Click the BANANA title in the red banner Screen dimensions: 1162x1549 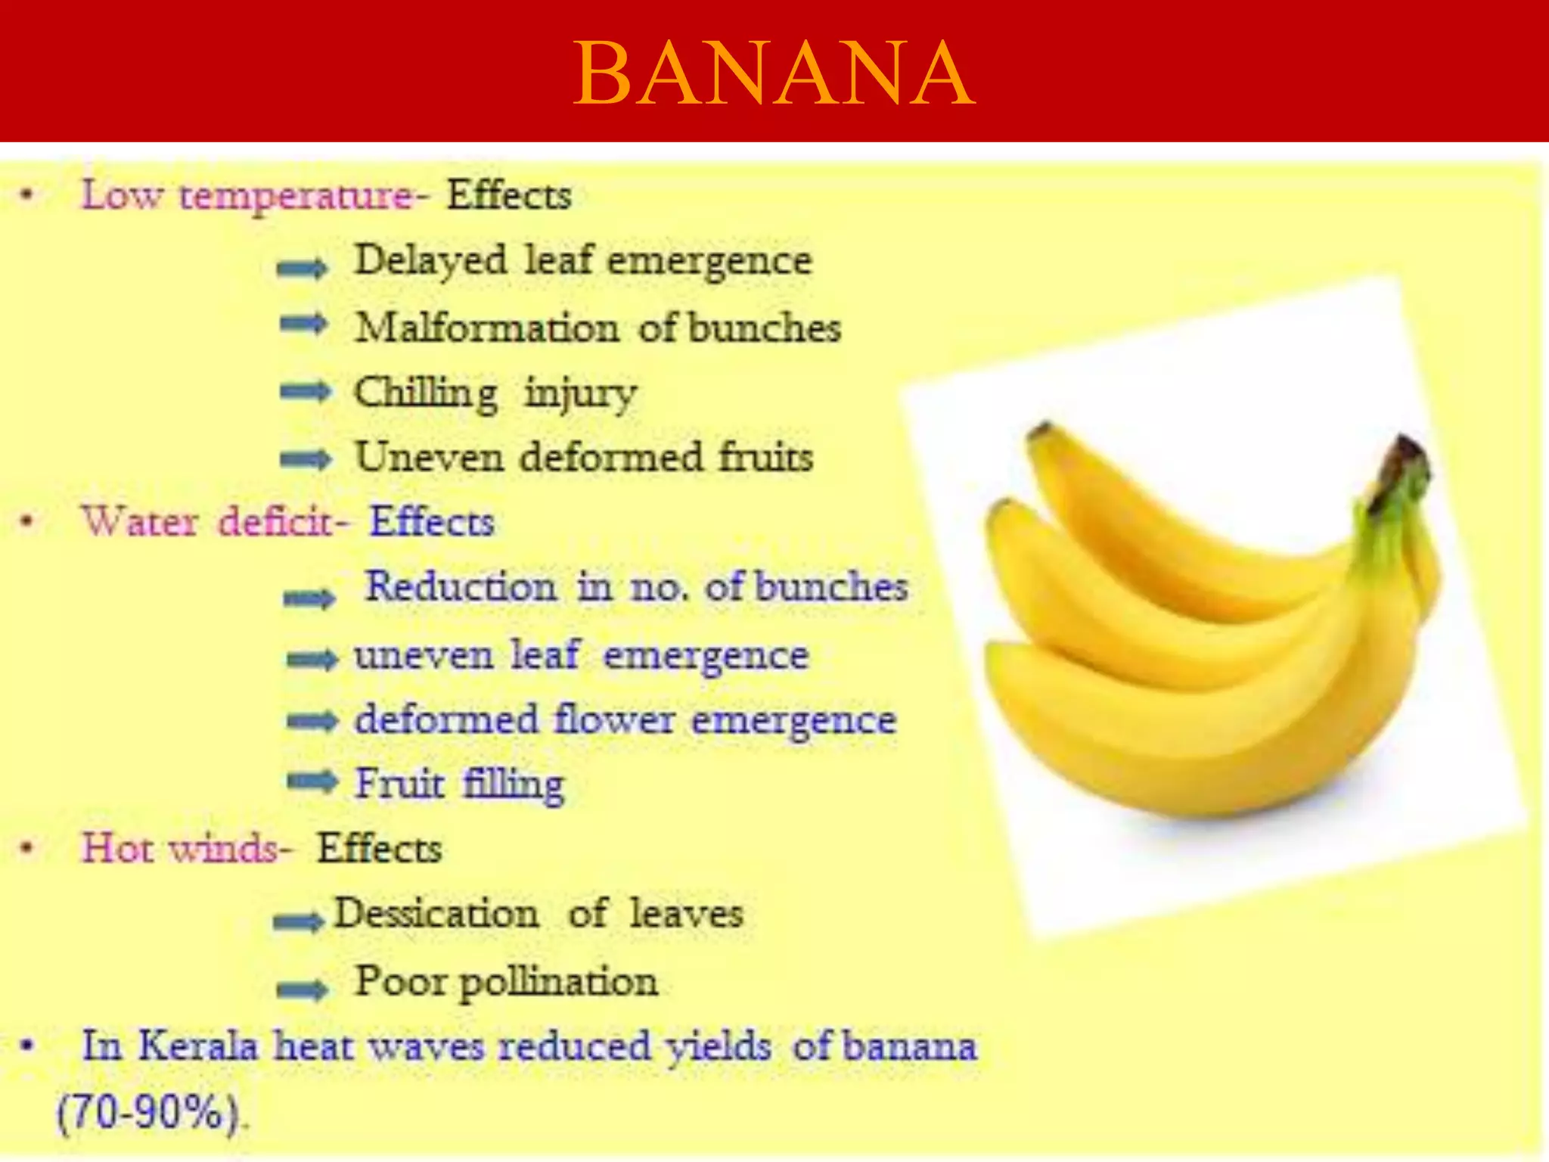pyautogui.click(x=774, y=74)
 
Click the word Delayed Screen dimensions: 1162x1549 pyautogui.click(x=430, y=261)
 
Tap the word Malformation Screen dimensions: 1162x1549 pyautogui.click(x=487, y=328)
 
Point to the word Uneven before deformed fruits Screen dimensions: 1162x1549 pyautogui.click(x=430, y=457)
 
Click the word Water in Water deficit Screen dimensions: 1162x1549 pyautogui.click(x=140, y=522)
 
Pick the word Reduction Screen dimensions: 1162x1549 pyautogui.click(x=461, y=587)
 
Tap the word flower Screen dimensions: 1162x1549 pyautogui.click(x=614, y=719)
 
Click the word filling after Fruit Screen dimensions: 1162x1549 pyautogui.click(x=513, y=784)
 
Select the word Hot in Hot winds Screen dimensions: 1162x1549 pyautogui.click(x=114, y=848)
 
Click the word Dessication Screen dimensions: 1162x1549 pyautogui.click(x=436, y=913)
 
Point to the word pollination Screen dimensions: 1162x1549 pyautogui.click(x=559, y=982)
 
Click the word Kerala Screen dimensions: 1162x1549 pyautogui.click(x=198, y=1046)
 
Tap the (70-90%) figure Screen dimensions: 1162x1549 pyautogui.click(x=149, y=1113)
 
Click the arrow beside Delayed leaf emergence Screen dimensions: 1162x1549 pyautogui.click(x=302, y=267)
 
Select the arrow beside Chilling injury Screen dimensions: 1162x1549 pyautogui.click(x=305, y=392)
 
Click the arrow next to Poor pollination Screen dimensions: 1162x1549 pyautogui.click(x=302, y=988)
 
